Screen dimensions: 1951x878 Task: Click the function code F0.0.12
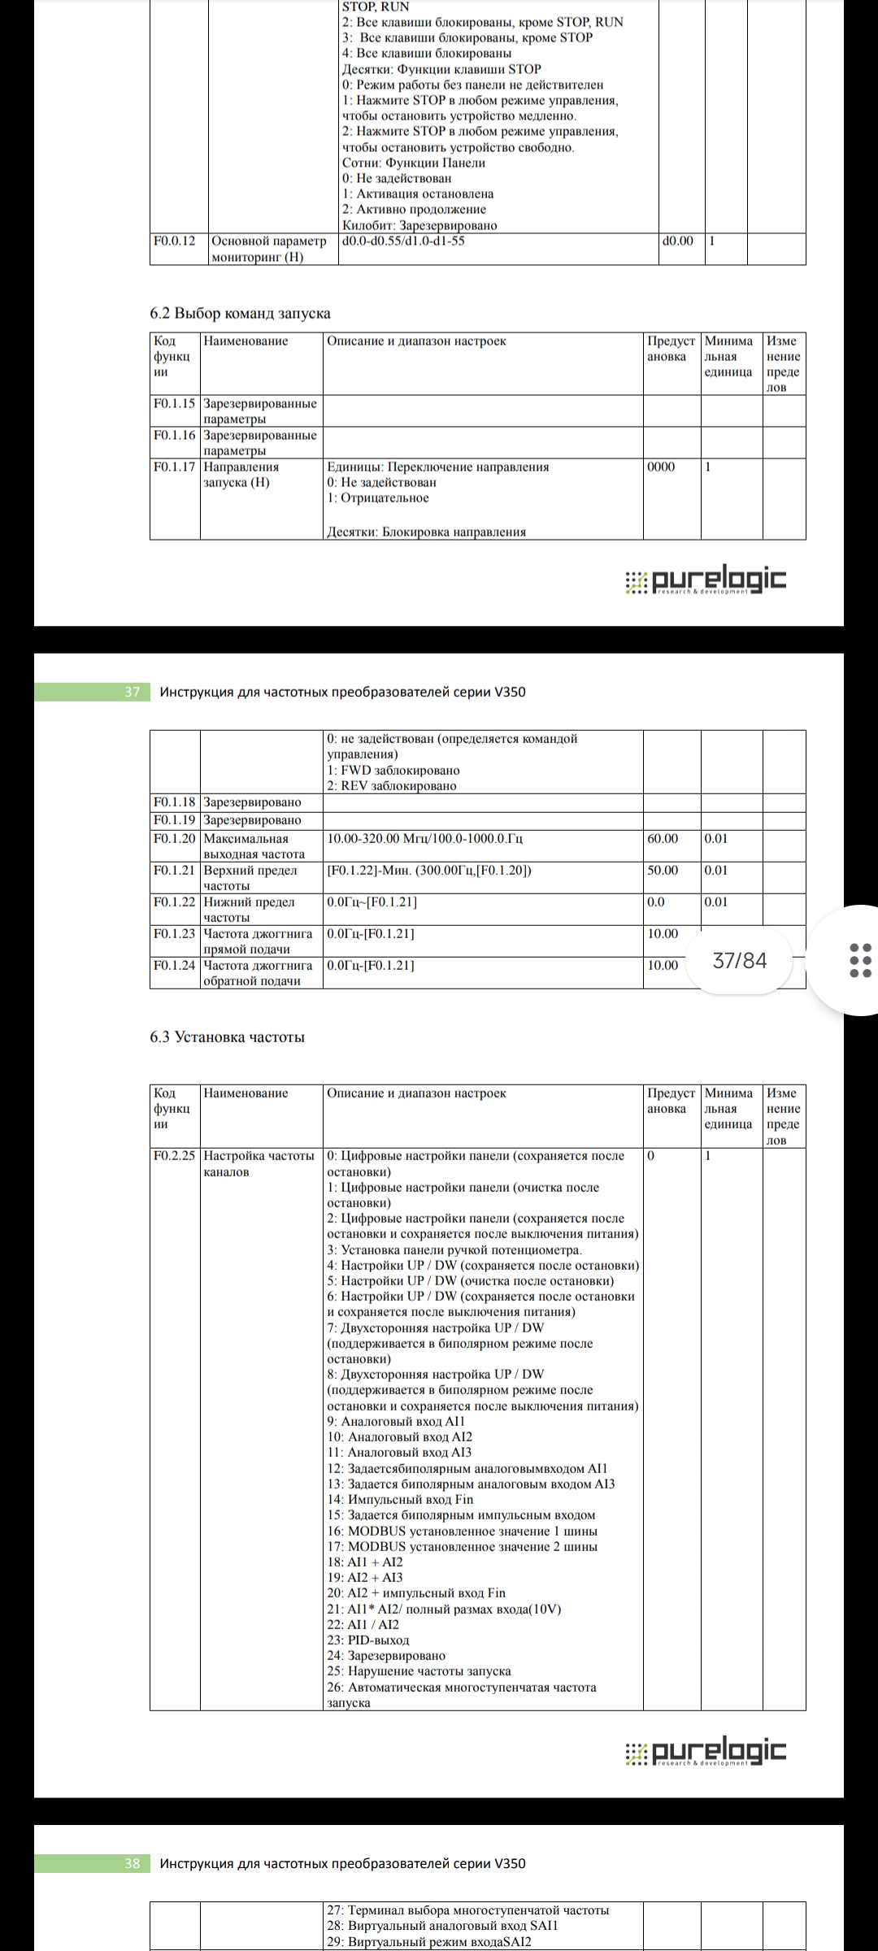tap(174, 241)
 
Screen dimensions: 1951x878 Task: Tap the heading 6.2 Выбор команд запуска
tap(240, 313)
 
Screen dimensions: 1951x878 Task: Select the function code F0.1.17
tap(174, 467)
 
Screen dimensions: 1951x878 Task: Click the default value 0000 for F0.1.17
tap(661, 467)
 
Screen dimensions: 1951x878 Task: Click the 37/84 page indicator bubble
tap(739, 961)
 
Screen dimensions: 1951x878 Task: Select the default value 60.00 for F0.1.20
tap(663, 839)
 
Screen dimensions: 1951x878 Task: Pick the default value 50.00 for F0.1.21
tap(663, 871)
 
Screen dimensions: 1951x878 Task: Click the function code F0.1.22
tap(174, 902)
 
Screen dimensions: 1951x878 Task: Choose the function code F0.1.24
tap(174, 966)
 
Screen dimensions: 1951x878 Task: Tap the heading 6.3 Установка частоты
tap(227, 1037)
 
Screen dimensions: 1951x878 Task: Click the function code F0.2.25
tap(174, 1156)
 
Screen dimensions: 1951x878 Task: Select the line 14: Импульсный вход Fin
tap(400, 1500)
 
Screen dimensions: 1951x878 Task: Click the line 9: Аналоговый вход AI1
tap(396, 1422)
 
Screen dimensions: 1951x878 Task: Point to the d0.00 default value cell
tap(678, 241)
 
